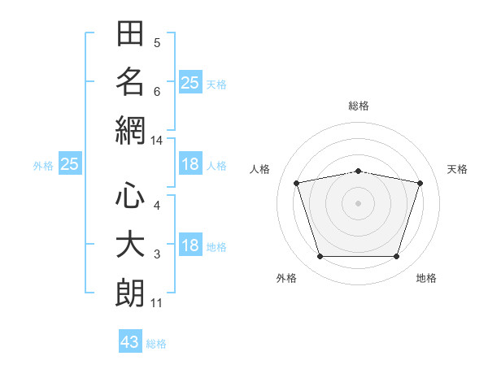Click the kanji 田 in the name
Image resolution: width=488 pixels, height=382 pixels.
pos(130,33)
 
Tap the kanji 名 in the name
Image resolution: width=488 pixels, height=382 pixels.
pos(130,81)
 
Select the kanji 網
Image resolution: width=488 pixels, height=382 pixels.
pos(130,130)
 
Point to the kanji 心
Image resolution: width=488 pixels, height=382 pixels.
pos(130,195)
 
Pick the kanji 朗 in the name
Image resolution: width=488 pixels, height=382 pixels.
pos(130,293)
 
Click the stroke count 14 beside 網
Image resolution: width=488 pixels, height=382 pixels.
pos(156,141)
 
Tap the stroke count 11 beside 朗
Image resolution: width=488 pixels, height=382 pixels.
pos(156,303)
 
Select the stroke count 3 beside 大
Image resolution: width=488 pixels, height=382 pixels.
pos(157,254)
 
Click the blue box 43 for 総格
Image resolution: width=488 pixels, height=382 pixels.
pos(130,341)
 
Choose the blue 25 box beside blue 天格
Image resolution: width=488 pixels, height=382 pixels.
pos(190,82)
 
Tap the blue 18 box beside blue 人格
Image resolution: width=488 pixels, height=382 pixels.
pos(190,163)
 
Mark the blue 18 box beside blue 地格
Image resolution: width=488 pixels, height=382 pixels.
pos(190,244)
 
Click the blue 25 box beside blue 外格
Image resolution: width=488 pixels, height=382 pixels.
pos(70,163)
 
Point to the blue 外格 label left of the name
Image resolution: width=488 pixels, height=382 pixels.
pos(43,166)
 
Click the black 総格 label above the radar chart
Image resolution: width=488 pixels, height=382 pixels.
pos(359,106)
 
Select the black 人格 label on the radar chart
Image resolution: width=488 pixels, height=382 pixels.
pos(259,169)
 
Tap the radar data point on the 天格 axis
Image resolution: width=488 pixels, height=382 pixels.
pos(420,183)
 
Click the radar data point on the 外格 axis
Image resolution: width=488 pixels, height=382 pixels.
pos(320,256)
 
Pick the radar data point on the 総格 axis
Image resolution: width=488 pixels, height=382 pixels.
pos(359,171)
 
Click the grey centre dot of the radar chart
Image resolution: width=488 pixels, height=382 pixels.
pos(358,203)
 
